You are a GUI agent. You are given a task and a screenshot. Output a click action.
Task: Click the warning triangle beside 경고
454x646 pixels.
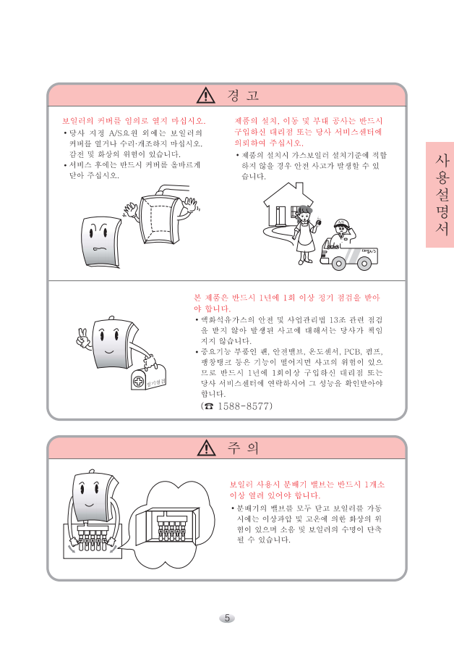coord(205,95)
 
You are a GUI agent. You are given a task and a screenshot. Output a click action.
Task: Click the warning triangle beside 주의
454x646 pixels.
coord(206,448)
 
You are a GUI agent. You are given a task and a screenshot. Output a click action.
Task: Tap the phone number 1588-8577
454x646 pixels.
coord(244,406)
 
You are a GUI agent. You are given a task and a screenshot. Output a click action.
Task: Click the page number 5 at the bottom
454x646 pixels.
coord(226,618)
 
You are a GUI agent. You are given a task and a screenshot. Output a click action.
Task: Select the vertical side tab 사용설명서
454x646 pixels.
coord(440,195)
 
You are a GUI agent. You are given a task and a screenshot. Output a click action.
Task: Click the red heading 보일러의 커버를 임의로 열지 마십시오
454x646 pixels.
coord(134,121)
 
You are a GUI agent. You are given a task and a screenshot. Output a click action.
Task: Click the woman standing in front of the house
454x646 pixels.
coord(304,235)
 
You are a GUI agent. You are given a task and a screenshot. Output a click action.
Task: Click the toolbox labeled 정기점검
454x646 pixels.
coord(148,377)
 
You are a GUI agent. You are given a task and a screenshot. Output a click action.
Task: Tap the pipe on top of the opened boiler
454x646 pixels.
coord(173,190)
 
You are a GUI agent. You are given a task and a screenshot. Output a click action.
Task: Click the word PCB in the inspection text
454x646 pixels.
coord(352,352)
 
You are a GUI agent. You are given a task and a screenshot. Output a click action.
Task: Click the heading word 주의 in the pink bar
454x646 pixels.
coord(243,448)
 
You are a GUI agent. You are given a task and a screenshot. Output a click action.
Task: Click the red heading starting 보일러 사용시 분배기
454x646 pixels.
coord(307,490)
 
